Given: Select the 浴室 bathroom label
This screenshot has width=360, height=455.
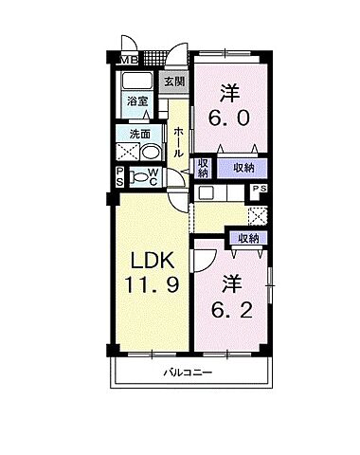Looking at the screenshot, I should tap(137, 100).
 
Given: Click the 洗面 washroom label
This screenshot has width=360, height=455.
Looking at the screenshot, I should tap(141, 134).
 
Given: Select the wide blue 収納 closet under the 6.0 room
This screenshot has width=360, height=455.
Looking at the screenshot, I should tap(243, 167).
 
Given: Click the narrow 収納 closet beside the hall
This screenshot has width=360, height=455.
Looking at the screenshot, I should tap(203, 167).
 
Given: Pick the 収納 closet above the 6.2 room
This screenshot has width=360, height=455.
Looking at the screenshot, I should tap(247, 239).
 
